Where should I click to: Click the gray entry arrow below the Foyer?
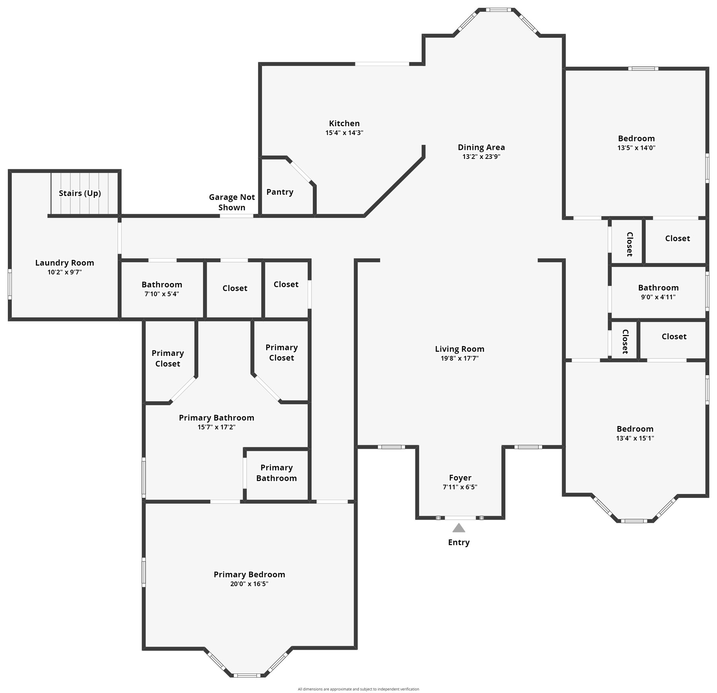tap(459, 528)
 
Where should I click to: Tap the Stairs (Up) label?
tap(80, 194)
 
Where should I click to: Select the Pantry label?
tap(280, 192)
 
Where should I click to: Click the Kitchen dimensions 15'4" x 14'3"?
tap(344, 133)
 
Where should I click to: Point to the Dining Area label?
tap(481, 147)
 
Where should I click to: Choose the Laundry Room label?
tap(64, 263)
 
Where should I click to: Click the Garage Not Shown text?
tap(232, 202)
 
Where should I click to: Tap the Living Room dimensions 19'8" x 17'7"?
tap(460, 358)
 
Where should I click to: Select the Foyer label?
tap(460, 478)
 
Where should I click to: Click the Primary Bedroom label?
tap(249, 574)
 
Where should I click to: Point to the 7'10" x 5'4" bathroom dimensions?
tap(162, 294)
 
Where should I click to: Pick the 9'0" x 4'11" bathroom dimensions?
tap(658, 297)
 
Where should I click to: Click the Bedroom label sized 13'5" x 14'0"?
tap(636, 138)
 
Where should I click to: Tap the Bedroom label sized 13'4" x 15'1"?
tap(635, 429)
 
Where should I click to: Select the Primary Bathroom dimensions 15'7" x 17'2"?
tap(217, 427)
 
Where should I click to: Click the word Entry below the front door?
tap(459, 542)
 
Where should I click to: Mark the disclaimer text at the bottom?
tap(358, 689)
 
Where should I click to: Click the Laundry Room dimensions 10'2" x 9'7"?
tap(64, 272)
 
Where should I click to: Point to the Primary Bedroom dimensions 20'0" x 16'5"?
tap(249, 584)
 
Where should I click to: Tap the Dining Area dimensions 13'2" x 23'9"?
tap(481, 157)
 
